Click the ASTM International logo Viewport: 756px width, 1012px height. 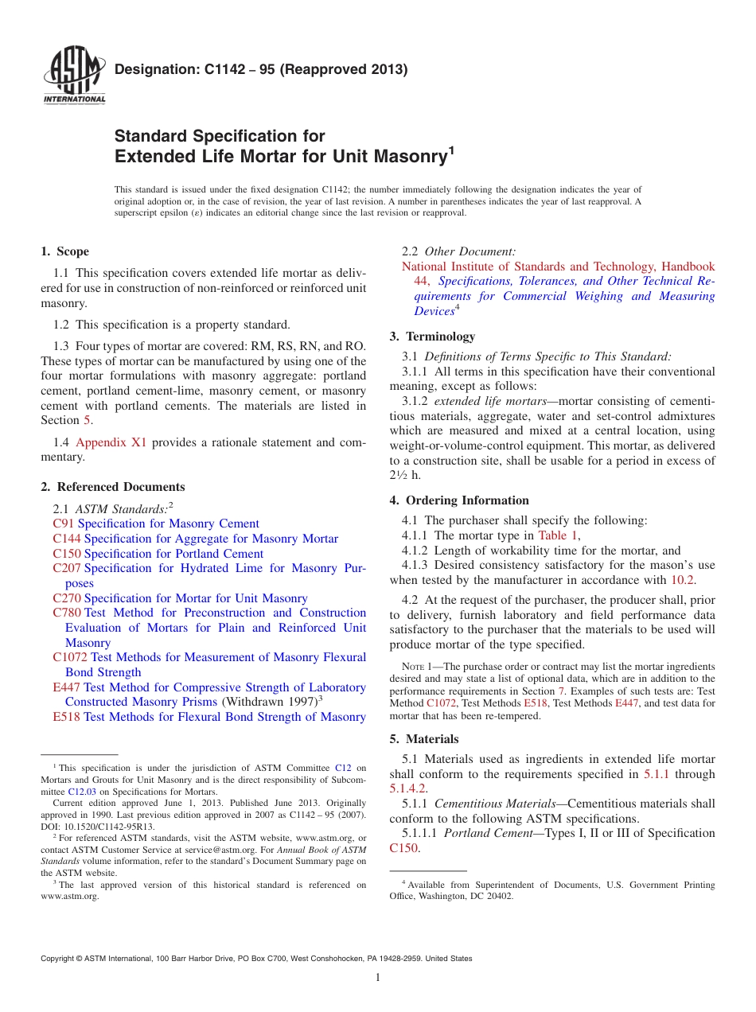click(x=73, y=77)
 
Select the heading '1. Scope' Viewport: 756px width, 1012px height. click(x=64, y=251)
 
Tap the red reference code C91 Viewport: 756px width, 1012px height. click(x=63, y=524)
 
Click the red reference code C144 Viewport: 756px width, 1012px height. click(x=66, y=539)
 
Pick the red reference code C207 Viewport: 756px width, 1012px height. click(x=66, y=568)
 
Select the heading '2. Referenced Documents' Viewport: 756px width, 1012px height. click(x=112, y=487)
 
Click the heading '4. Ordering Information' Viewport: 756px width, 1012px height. click(x=459, y=500)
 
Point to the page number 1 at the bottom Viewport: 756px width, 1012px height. click(x=378, y=978)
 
